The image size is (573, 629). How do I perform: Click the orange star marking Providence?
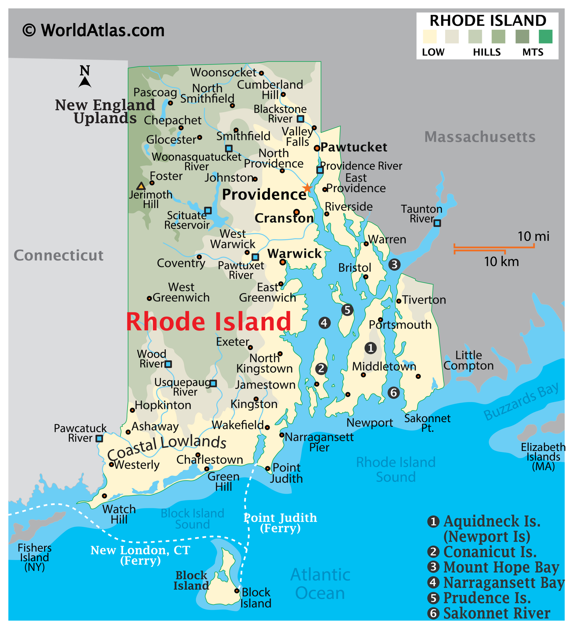tap(307, 188)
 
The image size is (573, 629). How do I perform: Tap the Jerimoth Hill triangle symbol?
tap(141, 186)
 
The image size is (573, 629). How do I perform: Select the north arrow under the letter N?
tap(85, 82)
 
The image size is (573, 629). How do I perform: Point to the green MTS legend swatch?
tap(545, 37)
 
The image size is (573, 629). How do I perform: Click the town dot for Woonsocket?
tap(261, 73)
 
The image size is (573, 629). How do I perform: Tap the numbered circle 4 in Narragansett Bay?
tap(324, 323)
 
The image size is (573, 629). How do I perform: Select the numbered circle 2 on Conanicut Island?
tap(321, 369)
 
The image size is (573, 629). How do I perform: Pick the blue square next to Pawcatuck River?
tap(99, 438)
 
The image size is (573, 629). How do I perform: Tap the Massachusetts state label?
tap(480, 137)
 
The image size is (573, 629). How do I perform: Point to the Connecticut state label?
tap(59, 256)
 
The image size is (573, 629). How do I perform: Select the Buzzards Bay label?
tap(521, 401)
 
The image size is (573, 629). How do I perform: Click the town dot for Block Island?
tap(237, 591)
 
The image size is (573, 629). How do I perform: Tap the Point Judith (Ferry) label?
tap(280, 523)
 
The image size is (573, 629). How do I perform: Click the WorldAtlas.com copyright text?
tap(93, 30)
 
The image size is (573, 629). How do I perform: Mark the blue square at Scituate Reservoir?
tap(208, 211)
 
